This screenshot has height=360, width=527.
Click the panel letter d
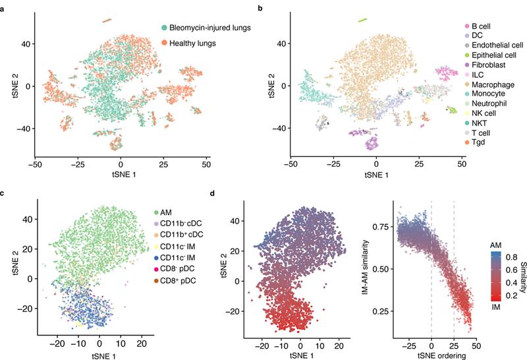(211, 193)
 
